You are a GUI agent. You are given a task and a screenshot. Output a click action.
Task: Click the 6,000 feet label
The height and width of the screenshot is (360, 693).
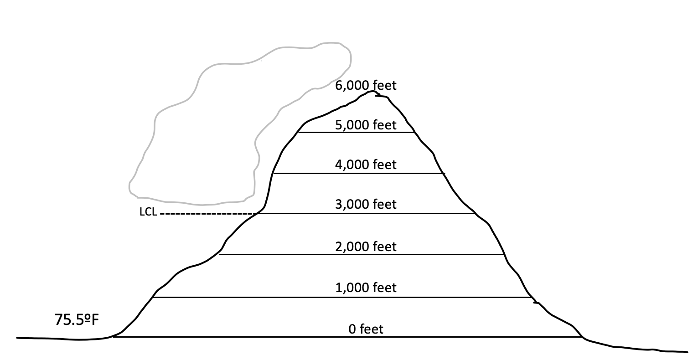[366, 85]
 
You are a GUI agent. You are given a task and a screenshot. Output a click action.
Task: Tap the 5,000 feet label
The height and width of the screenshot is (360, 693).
[366, 124]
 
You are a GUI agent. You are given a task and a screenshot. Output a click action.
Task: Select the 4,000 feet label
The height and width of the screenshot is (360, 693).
[366, 164]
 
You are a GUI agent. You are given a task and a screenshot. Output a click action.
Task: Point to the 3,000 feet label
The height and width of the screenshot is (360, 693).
[366, 204]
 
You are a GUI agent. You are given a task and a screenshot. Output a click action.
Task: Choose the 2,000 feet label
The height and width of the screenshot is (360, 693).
[366, 247]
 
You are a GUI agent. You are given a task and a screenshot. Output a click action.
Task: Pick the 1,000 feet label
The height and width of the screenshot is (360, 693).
[366, 288]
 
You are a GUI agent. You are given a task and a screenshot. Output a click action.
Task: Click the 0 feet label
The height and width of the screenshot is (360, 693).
[366, 329]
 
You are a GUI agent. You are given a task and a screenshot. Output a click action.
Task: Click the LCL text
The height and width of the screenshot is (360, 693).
[148, 212]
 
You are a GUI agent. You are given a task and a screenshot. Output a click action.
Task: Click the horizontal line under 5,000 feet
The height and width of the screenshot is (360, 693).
[356, 133]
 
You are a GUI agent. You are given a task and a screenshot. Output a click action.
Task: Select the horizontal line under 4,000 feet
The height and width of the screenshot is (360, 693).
[358, 174]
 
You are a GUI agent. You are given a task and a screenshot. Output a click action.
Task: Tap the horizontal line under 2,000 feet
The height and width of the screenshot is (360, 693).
[360, 255]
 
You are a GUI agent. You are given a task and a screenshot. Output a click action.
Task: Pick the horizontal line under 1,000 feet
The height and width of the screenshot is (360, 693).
[342, 298]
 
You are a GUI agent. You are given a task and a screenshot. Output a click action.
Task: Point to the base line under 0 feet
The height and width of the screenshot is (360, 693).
[346, 337]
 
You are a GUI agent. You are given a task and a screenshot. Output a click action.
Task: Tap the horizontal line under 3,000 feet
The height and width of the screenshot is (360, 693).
[365, 214]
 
